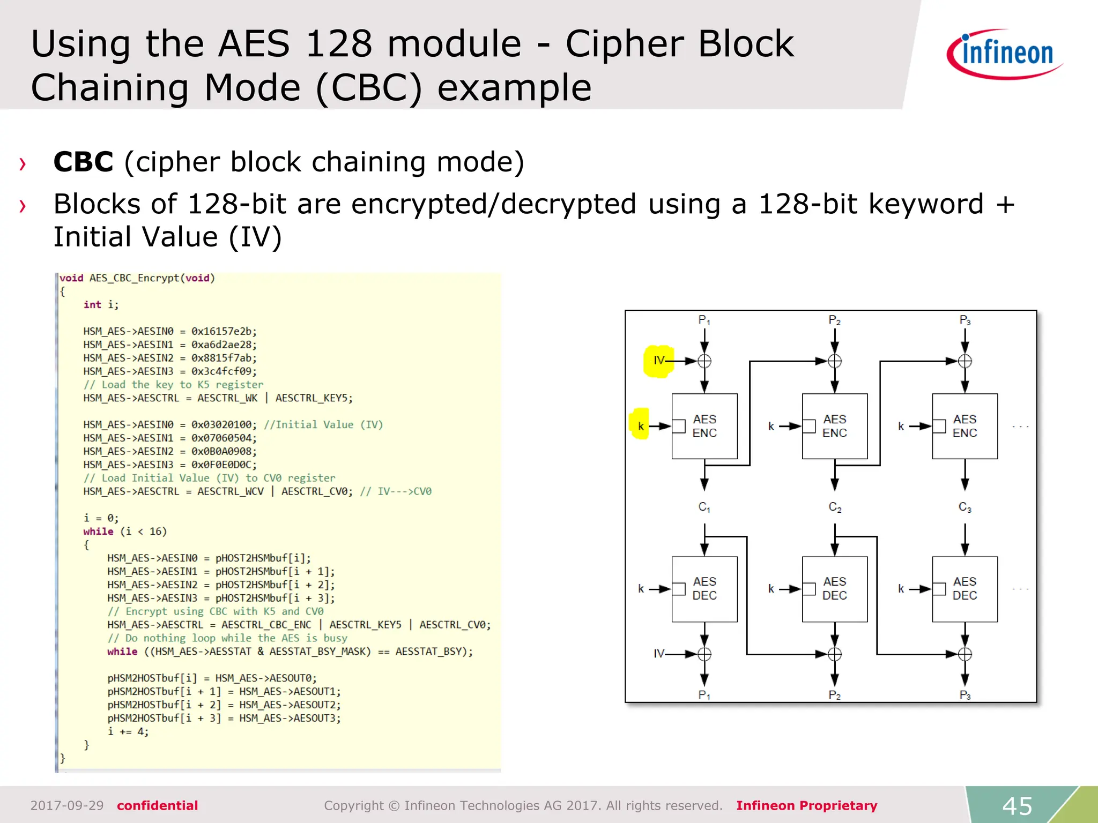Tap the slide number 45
[1017, 805]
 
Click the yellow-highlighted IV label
[659, 361]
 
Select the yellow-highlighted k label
[641, 426]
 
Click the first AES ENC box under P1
[704, 426]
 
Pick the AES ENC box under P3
[965, 426]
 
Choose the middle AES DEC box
[834, 589]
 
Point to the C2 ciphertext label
[835, 507]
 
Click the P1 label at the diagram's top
[704, 320]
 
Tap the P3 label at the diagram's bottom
[965, 695]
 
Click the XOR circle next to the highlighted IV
[704, 361]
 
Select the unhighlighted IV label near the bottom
[659, 654]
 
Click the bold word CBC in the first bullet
[83, 162]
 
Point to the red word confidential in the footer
[157, 805]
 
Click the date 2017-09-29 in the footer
[67, 805]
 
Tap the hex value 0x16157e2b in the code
[224, 331]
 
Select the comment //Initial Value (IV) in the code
[323, 424]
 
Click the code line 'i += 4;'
[128, 731]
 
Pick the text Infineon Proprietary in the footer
[806, 805]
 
